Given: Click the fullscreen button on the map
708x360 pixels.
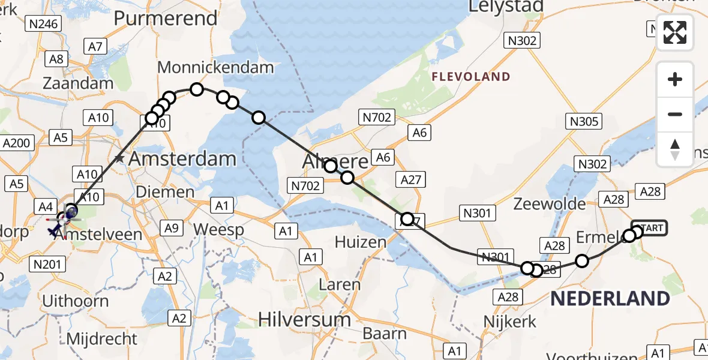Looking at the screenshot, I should coord(675,32).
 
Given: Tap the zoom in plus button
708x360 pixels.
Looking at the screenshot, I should coord(675,79).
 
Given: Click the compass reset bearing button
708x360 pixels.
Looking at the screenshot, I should coord(675,149).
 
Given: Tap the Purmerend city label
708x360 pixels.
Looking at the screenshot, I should coord(165,18).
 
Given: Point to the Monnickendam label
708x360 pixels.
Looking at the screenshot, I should coord(215,67).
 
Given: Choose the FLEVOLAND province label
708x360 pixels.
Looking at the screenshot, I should coord(471,77).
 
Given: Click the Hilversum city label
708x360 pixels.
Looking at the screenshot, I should coord(304,319).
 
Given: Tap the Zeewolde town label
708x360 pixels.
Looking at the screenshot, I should coord(550,204).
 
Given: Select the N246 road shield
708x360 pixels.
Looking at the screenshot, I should coord(44,24).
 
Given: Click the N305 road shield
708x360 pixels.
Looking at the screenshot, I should coord(584,122).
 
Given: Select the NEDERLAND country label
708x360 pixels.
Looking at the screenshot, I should coord(610,298).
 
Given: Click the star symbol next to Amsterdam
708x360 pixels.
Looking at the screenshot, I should coord(120,159).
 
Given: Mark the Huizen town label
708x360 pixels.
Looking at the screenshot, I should coord(360,242).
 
